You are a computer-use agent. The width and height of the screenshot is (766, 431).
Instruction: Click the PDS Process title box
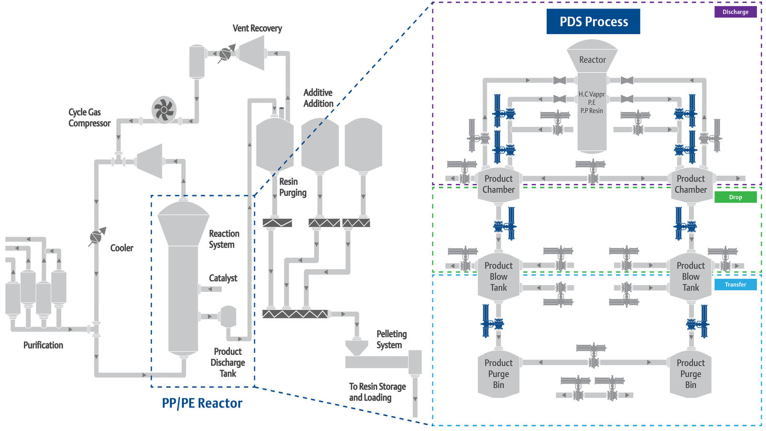pos(593,22)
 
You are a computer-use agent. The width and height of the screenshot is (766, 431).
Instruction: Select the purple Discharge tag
pos(735,12)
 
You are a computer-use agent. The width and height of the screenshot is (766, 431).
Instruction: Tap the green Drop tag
pos(735,197)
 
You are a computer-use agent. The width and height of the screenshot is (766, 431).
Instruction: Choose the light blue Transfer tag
pos(735,284)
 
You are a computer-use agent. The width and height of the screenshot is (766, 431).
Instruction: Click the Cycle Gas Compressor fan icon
pos(164,110)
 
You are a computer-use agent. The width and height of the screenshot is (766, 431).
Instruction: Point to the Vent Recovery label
pos(257,28)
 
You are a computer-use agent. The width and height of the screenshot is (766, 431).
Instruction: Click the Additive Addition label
pos(318,98)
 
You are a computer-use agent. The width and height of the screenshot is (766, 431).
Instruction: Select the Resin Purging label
pos(293,187)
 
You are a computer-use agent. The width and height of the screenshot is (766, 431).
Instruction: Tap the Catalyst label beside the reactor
pos(223,278)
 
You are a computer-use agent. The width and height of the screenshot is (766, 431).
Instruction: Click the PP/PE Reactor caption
pos(202,403)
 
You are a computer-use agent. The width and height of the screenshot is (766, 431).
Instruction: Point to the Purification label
pos(43,345)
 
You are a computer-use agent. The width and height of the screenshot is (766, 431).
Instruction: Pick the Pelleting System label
pos(391,340)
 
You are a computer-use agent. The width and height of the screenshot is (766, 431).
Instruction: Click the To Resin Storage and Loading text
pos(377,392)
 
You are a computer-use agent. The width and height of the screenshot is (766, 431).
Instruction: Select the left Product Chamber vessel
pos(498,184)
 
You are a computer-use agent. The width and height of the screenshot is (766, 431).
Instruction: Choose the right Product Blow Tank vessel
pos(690,277)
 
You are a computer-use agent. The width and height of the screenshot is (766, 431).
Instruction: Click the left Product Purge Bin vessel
pos(498,374)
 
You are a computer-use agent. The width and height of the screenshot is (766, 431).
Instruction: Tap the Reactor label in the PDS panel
pos(592,60)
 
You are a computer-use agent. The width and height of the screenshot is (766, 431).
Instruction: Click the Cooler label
pos(122,248)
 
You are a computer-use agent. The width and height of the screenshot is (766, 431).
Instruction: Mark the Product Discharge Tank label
pos(228,363)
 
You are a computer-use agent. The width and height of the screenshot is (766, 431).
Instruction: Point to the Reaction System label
pos(224,239)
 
